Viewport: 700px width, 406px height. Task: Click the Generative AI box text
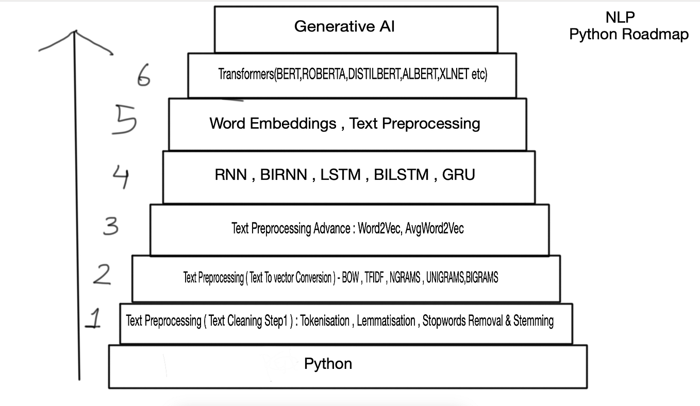point(344,26)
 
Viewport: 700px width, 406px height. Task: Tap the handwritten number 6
point(144,77)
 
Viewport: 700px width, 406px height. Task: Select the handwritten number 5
point(124,120)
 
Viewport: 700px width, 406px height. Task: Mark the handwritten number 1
point(94,319)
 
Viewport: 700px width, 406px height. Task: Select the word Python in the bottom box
point(328,364)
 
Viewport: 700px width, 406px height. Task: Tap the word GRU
point(458,175)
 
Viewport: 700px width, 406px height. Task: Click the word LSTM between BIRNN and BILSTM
point(340,175)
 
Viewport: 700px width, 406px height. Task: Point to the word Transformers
point(245,74)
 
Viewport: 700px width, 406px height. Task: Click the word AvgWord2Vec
point(435,228)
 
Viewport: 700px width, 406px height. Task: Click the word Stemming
point(534,321)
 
